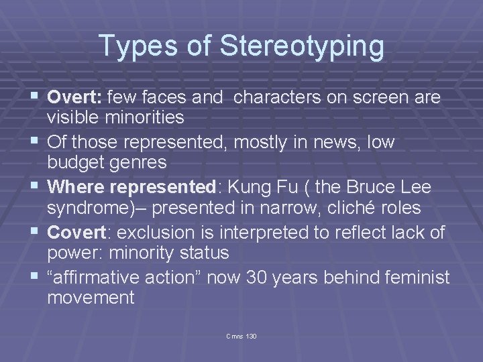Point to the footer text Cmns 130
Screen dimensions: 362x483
coord(241,335)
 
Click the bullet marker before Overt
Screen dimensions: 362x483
coord(36,98)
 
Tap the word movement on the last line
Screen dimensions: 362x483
coord(91,298)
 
